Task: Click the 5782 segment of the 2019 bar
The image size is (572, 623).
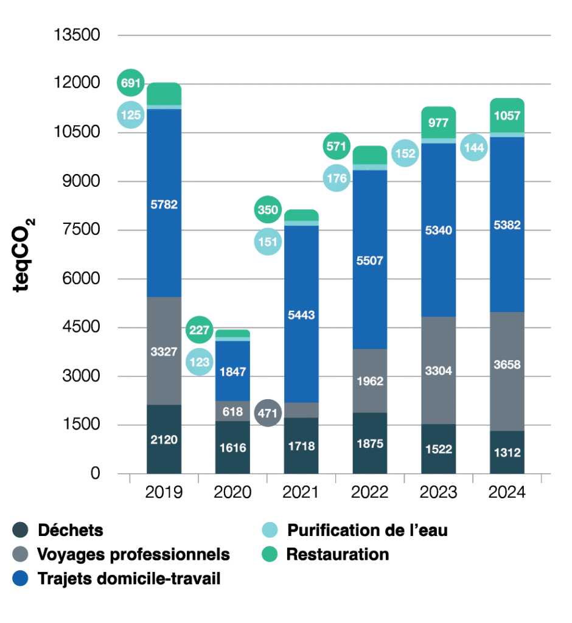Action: coord(164,204)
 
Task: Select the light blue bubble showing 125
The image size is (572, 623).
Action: coord(130,114)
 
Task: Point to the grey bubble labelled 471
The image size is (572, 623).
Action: coord(268,414)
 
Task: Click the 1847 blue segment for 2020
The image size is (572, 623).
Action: coord(233,371)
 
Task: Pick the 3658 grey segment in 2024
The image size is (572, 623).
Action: coord(507,365)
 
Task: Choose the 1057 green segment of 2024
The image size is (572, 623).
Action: coord(507,116)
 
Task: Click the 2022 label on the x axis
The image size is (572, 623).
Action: coord(369,492)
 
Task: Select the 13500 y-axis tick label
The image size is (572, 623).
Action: coord(77,35)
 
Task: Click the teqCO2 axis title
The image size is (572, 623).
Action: coord(25,254)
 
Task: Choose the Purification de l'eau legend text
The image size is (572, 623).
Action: coord(367,530)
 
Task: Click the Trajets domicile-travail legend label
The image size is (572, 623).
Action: coord(129,579)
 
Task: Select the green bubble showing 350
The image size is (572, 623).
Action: coord(268,211)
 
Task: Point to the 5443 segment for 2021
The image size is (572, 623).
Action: coord(301,315)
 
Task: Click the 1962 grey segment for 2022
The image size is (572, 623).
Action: coord(369,381)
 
